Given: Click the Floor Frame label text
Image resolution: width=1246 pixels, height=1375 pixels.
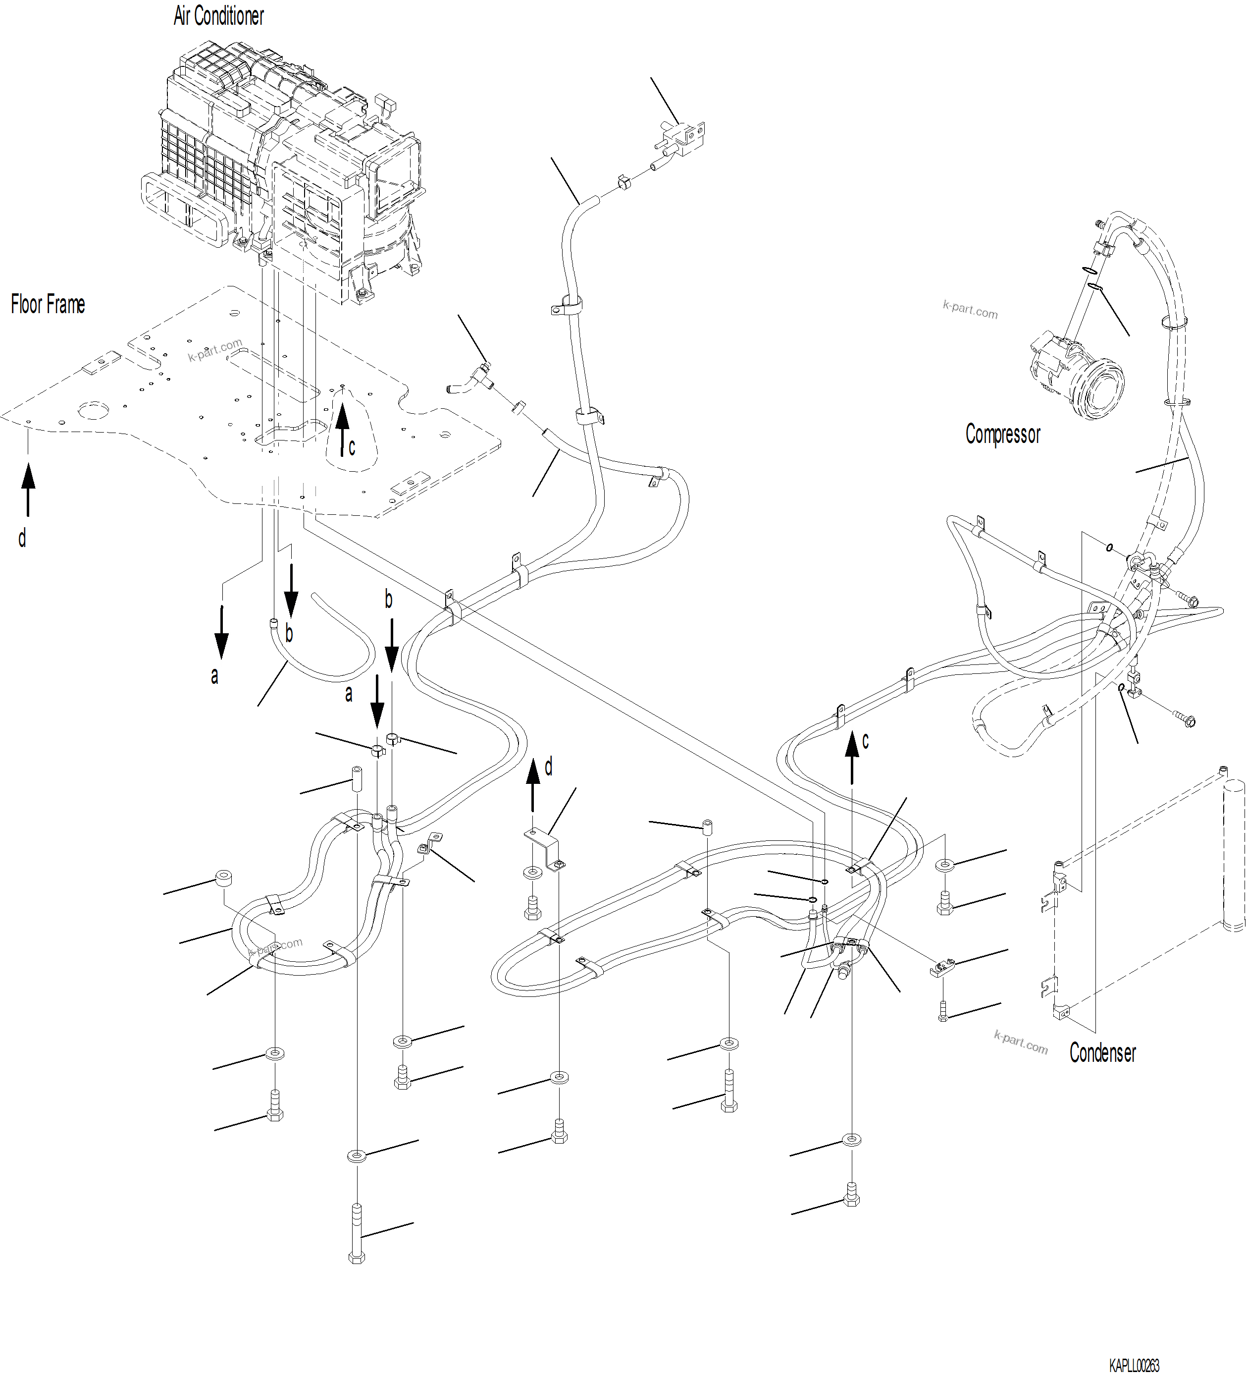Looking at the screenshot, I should click(48, 304).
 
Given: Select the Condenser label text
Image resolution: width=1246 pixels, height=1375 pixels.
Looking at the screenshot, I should click(1102, 1052).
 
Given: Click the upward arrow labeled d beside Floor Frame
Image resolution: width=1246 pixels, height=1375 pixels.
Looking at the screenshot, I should click(28, 489).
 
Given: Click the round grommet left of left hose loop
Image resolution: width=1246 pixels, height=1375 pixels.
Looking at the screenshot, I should click(223, 878).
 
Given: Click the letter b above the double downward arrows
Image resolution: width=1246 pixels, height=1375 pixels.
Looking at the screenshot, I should click(389, 600).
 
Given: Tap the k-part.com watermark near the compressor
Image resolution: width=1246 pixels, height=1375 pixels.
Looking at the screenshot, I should click(970, 310).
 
